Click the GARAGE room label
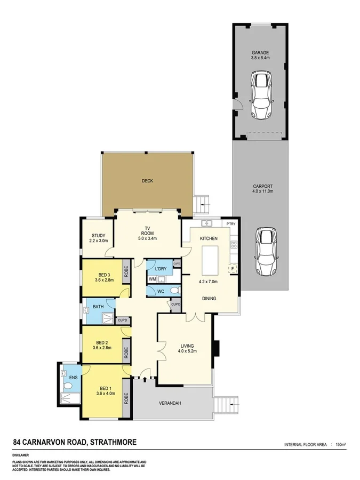[260, 53]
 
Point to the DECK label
[147, 181]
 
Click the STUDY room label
[98, 235]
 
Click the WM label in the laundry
[152, 279]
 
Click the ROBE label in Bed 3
[126, 271]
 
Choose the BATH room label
[98, 307]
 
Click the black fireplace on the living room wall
[216, 347]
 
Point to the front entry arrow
[144, 380]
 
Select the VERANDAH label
[170, 403]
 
